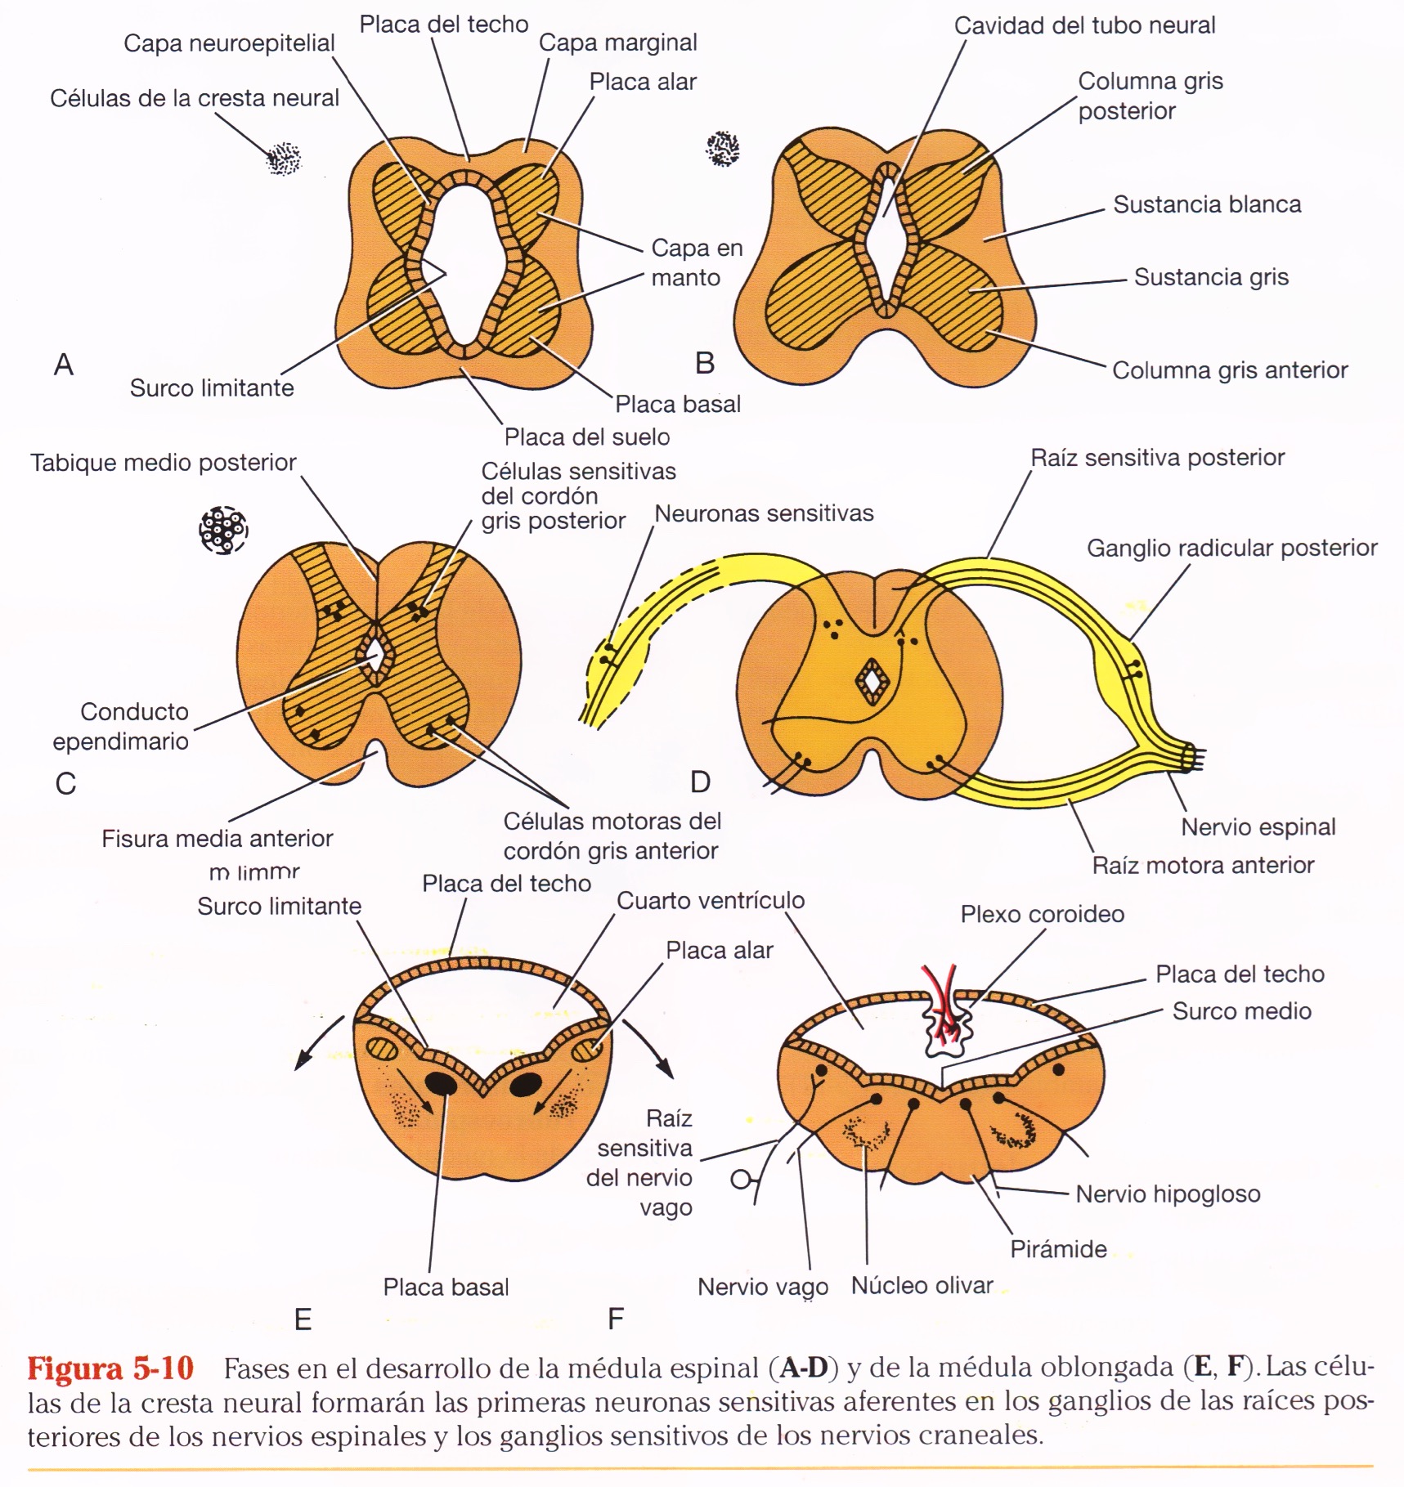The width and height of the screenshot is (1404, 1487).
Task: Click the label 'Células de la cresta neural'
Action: [194, 98]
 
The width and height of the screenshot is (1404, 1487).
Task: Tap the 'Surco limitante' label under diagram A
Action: [212, 387]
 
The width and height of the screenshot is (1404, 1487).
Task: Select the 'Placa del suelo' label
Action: [586, 437]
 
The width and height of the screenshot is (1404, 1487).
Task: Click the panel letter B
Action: [704, 363]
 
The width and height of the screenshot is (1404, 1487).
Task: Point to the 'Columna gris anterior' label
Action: [1229, 370]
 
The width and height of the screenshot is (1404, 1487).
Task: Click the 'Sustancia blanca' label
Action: [1206, 204]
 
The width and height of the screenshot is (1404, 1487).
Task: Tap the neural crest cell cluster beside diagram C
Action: [223, 531]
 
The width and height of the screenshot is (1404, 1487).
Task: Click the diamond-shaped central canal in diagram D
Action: [872, 680]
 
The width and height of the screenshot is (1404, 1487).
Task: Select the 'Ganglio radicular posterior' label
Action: [1231, 548]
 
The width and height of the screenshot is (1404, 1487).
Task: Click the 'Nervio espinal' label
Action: [1258, 826]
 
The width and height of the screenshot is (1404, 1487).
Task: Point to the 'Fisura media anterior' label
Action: [217, 839]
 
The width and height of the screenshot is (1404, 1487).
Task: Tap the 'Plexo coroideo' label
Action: [1042, 914]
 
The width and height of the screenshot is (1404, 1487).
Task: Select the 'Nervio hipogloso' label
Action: [1167, 1194]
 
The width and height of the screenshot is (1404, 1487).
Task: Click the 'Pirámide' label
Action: [1058, 1249]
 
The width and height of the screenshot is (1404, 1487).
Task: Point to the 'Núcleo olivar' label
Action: [922, 1285]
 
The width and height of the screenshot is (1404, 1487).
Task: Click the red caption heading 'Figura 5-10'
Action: [110, 1368]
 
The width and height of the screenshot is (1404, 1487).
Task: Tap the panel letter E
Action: [303, 1319]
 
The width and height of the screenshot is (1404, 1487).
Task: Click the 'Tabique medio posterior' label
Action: [163, 463]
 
